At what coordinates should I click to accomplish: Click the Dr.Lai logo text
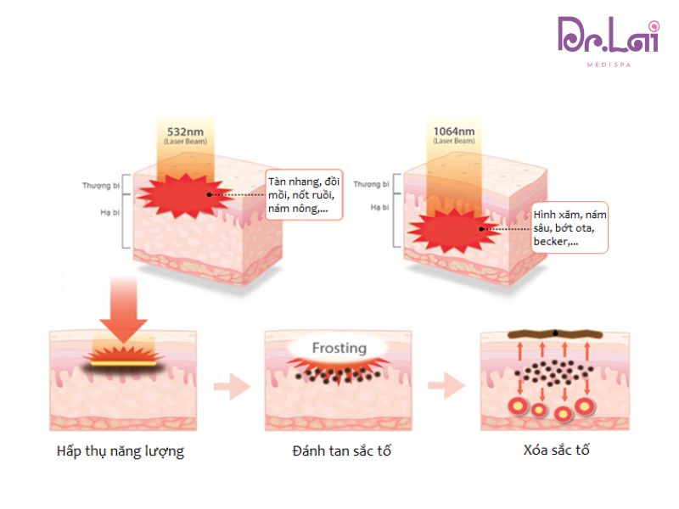[x=607, y=36]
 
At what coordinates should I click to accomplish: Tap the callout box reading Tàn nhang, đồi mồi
[x=303, y=194]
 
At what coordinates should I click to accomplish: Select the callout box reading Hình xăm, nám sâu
[x=570, y=227]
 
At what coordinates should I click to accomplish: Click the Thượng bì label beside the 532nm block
[x=98, y=184]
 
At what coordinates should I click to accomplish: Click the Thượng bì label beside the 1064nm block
[x=371, y=184]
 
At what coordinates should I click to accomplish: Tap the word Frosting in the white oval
[x=339, y=348]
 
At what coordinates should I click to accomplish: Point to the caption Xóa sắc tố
[x=556, y=450]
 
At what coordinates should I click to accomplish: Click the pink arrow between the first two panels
[x=231, y=387]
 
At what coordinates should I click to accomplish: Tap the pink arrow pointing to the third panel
[x=446, y=387]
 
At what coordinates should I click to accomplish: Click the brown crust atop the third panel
[x=556, y=334]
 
